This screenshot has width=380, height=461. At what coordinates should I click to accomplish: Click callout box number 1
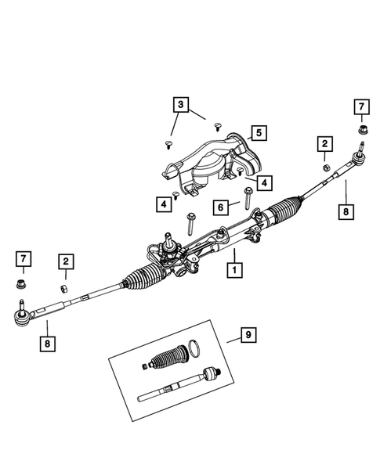coord(233,271)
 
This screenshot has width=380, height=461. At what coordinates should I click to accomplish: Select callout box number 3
coord(180,104)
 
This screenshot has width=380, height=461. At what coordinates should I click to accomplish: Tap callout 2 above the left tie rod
coord(67,262)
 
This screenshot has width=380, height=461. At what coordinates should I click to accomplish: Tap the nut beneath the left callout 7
coord(22,283)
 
